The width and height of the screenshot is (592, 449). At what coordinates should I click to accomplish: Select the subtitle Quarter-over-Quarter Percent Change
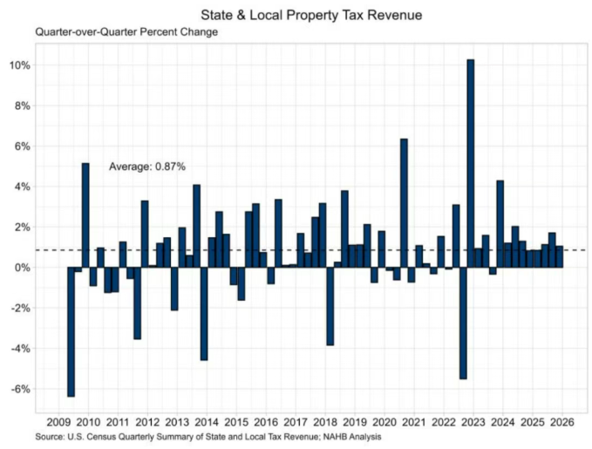click(x=126, y=32)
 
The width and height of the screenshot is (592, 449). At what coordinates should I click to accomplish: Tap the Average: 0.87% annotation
click(x=147, y=166)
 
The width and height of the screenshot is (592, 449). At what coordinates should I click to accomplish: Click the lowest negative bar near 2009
click(x=71, y=331)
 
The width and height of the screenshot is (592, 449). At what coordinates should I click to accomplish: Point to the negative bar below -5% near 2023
click(x=463, y=323)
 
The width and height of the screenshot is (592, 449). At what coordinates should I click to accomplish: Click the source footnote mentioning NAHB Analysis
click(x=208, y=436)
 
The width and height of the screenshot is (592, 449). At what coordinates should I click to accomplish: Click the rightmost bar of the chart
click(x=560, y=257)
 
